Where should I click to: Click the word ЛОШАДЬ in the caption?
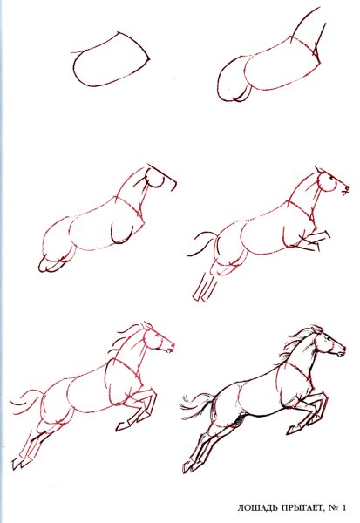(x=256, y=508)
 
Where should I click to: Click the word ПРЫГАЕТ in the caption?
(x=301, y=507)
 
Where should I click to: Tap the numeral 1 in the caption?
(x=343, y=507)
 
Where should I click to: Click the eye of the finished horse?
(x=329, y=339)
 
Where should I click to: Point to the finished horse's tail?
(x=195, y=403)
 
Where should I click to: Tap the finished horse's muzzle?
(x=341, y=351)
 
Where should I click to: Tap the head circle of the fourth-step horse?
(x=326, y=182)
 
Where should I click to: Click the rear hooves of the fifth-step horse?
(x=22, y=463)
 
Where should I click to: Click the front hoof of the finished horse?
(x=293, y=429)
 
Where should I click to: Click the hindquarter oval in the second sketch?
(x=234, y=79)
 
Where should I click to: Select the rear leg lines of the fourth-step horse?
(x=203, y=287)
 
